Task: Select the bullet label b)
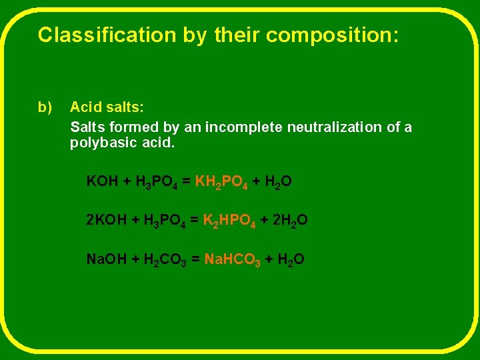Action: (x=45, y=107)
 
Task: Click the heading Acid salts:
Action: (x=107, y=107)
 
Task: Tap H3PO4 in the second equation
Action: (x=165, y=221)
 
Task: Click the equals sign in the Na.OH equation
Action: (x=195, y=259)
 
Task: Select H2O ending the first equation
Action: (x=279, y=182)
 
